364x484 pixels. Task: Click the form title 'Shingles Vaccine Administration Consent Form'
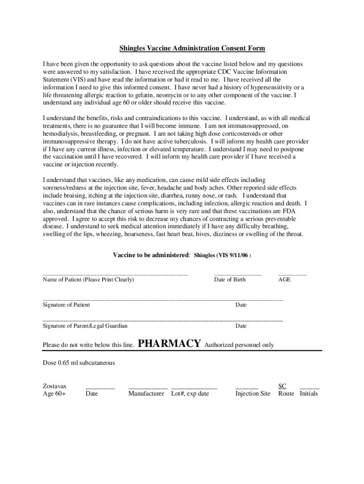pos(192,48)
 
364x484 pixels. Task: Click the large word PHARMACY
pos(170,344)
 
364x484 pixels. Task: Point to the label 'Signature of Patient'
pos(66,305)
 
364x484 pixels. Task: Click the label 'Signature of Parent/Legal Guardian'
pos(85,326)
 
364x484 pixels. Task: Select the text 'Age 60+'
pos(54,393)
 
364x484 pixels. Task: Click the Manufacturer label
pos(146,393)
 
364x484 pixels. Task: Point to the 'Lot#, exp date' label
pos(190,393)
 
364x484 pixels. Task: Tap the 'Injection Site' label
pos(253,393)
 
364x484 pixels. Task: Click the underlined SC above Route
pos(282,386)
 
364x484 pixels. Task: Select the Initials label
pos(309,393)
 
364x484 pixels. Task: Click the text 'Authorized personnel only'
pos(239,345)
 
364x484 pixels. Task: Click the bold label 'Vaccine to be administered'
pos(151,255)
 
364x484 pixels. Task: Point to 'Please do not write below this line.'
pos(88,345)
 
